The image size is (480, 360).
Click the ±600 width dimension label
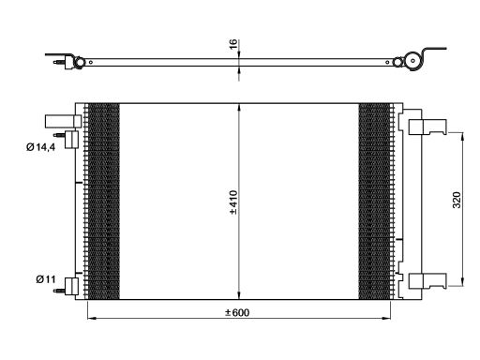tap(237, 312)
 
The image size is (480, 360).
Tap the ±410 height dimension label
tap(233, 202)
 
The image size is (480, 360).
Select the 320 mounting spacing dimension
tap(457, 200)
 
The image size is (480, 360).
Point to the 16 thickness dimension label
tap(233, 44)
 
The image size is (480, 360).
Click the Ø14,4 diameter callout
tap(41, 147)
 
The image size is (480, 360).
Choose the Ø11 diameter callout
tap(46, 279)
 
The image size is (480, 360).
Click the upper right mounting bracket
tap(427, 127)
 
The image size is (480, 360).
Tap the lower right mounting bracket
tap(427, 281)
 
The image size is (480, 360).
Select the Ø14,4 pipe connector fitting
tap(67, 140)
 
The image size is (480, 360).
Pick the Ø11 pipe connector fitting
tap(67, 286)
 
